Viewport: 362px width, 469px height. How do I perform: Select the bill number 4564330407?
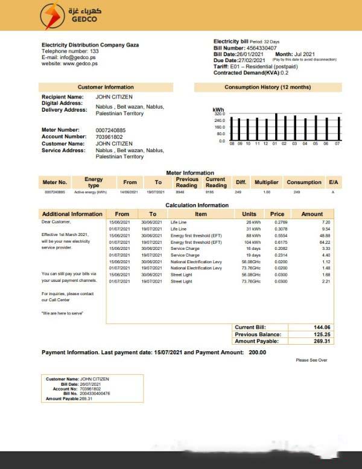[x=261, y=48]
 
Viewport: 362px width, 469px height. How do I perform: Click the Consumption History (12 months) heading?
[x=267, y=88]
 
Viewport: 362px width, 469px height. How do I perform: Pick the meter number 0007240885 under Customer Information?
[x=110, y=130]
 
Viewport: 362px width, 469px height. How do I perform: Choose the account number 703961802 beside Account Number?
[x=108, y=137]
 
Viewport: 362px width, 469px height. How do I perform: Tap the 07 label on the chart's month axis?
[x=337, y=144]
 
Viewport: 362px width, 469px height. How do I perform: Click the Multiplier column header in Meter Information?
[x=266, y=182]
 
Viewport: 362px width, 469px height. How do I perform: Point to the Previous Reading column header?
[x=186, y=182]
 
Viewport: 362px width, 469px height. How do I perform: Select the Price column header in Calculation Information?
[x=277, y=214]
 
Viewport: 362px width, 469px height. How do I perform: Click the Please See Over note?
[x=311, y=360]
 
